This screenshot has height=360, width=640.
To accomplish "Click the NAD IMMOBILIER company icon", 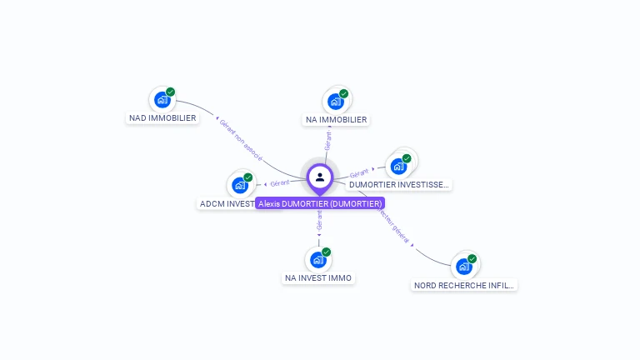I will (162, 100).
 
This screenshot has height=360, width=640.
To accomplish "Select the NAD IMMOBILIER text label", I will (162, 118).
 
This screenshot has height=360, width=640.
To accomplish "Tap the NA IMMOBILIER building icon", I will (335, 102).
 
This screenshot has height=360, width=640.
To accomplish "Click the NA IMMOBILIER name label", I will (336, 120).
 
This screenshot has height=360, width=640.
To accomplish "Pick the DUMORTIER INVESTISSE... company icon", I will (398, 166).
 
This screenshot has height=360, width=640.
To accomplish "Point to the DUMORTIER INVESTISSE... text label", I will (399, 185).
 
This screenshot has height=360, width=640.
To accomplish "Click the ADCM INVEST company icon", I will (239, 185).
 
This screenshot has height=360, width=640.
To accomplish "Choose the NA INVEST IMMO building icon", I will (317, 259).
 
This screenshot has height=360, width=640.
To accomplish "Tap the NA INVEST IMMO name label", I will (318, 278).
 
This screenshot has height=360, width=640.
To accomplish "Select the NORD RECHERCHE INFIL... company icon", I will (463, 267).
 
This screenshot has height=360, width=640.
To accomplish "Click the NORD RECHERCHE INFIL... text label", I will (465, 285).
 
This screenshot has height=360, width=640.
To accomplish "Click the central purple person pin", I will (320, 177).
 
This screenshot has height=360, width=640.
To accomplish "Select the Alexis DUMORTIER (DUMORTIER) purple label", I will (320, 203).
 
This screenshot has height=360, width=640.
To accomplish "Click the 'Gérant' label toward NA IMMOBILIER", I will (328, 141).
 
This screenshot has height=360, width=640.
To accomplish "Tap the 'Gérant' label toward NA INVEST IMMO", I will (319, 221).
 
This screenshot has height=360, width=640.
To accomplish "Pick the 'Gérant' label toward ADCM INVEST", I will (279, 183).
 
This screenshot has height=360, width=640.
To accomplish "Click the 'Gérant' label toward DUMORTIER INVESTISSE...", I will (359, 172).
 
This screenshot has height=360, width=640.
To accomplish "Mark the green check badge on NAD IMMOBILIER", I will (171, 92).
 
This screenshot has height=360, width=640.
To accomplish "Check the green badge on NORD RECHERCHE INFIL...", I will (472, 258).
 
